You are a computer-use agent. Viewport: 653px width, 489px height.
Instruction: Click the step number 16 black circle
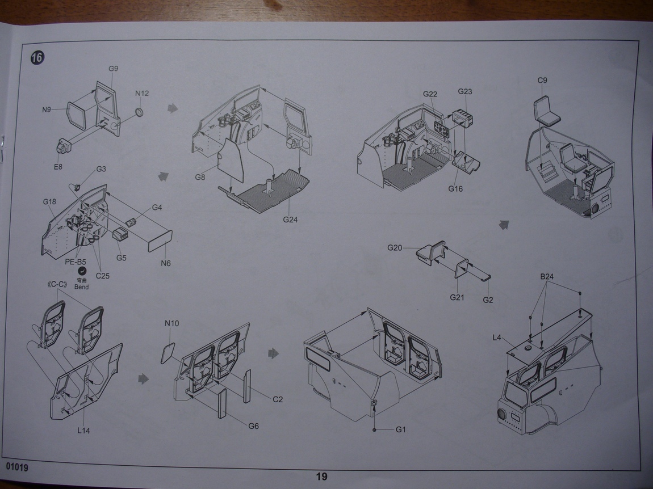(x=38, y=57)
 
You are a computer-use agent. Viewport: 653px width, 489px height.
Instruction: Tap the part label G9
(x=113, y=69)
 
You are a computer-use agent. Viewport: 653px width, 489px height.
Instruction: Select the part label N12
(x=142, y=93)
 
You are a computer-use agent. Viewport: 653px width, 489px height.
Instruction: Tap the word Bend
(x=81, y=287)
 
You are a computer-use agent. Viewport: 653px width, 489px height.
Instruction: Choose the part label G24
(x=290, y=220)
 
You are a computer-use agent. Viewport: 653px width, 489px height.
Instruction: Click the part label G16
(x=455, y=188)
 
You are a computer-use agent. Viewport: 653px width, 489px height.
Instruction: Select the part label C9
(x=542, y=81)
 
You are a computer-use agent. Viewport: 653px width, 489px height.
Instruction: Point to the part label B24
(x=547, y=277)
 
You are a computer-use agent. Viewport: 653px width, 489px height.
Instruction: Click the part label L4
(x=497, y=338)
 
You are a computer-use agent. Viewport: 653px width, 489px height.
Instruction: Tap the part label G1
(x=401, y=429)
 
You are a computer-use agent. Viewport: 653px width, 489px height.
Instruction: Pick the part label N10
(x=172, y=323)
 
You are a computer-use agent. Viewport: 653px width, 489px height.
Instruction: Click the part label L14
(x=83, y=430)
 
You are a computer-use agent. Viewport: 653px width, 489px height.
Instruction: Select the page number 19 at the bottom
(x=321, y=477)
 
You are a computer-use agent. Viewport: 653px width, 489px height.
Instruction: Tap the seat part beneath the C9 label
(x=546, y=111)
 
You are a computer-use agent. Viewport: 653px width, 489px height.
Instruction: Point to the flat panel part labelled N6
(x=159, y=242)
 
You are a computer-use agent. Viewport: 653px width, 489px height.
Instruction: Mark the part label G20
(x=395, y=248)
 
